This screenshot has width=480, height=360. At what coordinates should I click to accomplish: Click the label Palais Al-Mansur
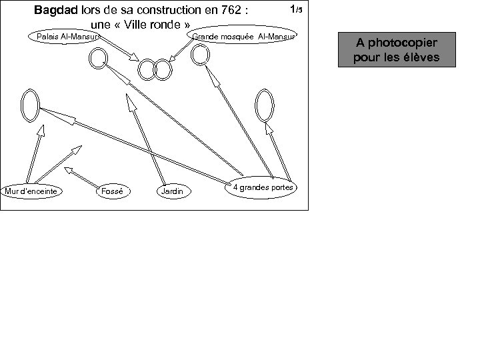click(65, 36)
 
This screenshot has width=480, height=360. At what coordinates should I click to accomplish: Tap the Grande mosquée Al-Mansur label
click(244, 36)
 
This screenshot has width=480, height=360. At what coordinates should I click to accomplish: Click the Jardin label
click(172, 192)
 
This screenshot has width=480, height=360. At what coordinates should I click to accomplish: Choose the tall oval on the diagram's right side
click(264, 105)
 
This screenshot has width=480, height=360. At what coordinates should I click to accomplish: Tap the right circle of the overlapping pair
click(163, 69)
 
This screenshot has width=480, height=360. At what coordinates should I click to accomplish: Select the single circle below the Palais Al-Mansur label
click(97, 59)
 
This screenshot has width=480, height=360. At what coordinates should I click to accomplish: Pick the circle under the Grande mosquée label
click(200, 55)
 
